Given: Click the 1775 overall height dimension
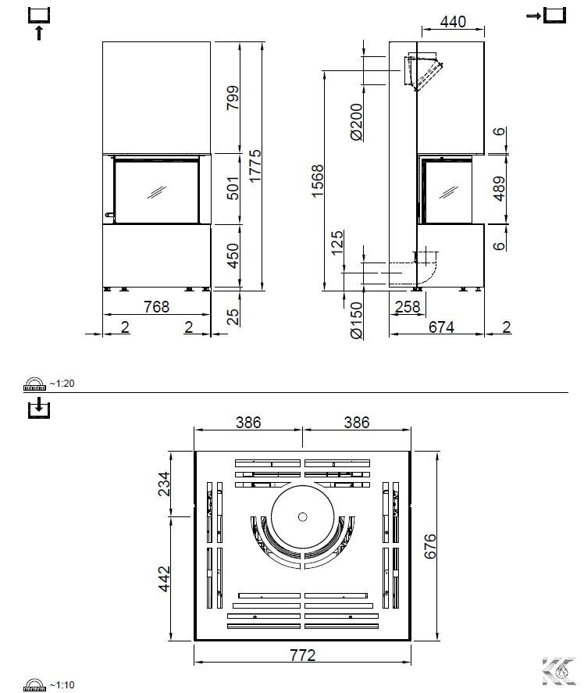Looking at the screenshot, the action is (x=255, y=166).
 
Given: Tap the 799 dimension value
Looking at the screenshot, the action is (x=233, y=98).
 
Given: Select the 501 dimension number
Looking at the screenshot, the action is (x=233, y=188).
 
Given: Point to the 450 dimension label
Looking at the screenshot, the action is (x=233, y=255).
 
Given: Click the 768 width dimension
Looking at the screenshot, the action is (x=156, y=306).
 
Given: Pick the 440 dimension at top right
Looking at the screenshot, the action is (x=453, y=21).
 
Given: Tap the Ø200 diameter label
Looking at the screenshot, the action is (x=356, y=122).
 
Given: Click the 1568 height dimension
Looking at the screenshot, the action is (x=317, y=180).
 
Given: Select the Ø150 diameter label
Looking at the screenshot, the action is (x=356, y=320).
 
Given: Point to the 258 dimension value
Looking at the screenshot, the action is (x=408, y=306).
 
